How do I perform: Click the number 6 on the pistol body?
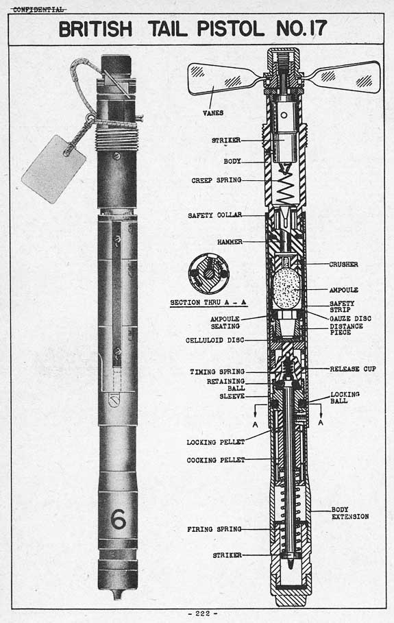[x=118, y=520]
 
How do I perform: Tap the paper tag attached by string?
[x=53, y=169]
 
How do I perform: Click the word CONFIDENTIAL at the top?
[x=38, y=10]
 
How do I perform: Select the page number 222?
[x=203, y=613]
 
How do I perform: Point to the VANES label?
[x=213, y=113]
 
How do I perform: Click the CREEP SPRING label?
[x=217, y=180]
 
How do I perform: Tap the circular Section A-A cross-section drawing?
[x=208, y=273]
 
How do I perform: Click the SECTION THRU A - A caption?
[x=208, y=303]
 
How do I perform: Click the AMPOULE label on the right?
[x=343, y=290]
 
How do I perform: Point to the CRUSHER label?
[x=343, y=265]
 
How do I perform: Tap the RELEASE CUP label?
[x=353, y=369]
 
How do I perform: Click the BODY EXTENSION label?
[x=350, y=513]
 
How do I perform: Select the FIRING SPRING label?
[x=214, y=529]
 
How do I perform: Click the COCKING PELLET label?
[x=216, y=460]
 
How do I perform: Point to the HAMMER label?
[x=230, y=241]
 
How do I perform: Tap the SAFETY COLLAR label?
[x=215, y=215]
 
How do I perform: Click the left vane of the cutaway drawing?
[x=224, y=79]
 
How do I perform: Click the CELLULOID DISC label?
[x=215, y=341]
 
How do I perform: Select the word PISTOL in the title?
[x=231, y=29]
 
